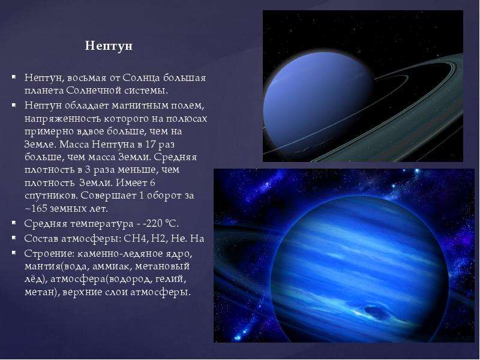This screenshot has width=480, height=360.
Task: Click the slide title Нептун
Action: pos(109,46)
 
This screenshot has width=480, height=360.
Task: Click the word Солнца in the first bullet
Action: pos(141,78)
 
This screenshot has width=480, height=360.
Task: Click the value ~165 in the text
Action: pos(35,208)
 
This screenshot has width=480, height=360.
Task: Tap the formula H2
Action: pos(159,238)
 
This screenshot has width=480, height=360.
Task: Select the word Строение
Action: pos(49,253)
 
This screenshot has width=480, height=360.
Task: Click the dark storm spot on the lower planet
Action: pos(375,312)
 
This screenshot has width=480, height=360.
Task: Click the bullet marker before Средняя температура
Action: pos(14,223)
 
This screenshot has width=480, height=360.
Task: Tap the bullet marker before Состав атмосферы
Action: pos(14,237)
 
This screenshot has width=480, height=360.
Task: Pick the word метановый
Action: pos(162,266)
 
